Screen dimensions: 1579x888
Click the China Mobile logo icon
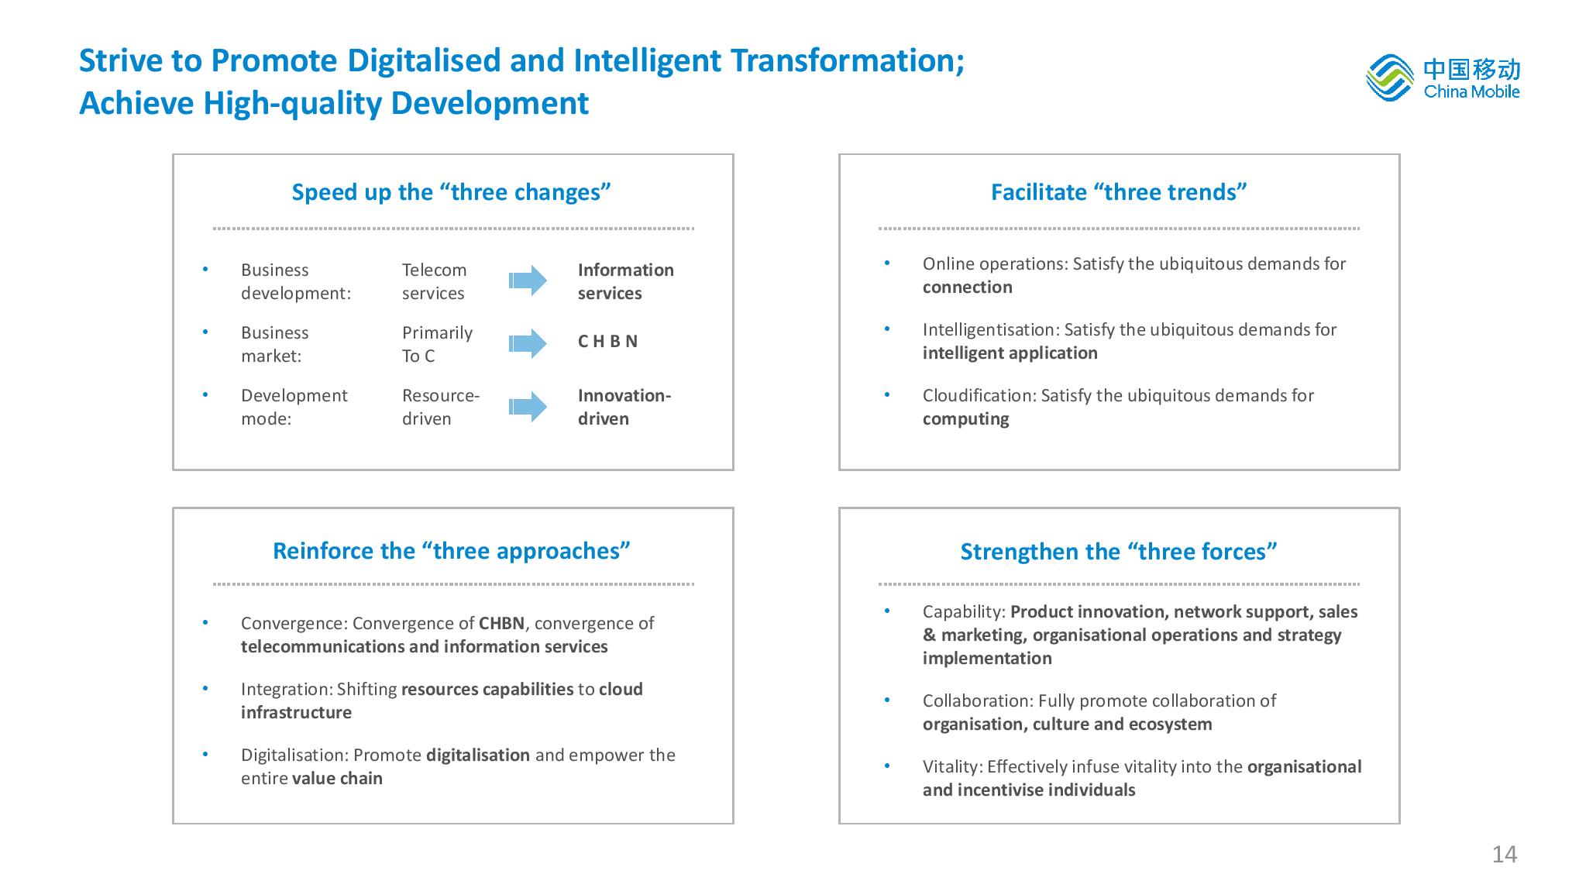click(1390, 77)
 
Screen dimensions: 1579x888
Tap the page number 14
click(1505, 855)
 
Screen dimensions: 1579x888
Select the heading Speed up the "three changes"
click(452, 192)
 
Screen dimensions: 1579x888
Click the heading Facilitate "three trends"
click(1119, 192)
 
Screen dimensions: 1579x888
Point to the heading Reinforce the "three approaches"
click(452, 551)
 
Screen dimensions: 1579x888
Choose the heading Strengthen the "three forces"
click(1119, 552)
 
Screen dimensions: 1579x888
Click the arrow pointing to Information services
click(528, 281)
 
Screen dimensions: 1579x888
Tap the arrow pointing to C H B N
click(528, 343)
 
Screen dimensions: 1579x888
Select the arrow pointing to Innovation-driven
click(528, 407)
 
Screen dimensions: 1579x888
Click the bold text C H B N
click(607, 342)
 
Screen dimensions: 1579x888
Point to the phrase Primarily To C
click(437, 344)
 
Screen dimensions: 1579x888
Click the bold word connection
click(968, 287)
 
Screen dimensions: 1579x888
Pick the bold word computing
click(966, 419)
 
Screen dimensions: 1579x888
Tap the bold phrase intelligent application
click(1010, 353)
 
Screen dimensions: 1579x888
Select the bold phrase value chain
click(337, 779)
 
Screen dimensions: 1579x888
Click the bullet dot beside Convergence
click(205, 622)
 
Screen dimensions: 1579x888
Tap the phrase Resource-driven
click(441, 407)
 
